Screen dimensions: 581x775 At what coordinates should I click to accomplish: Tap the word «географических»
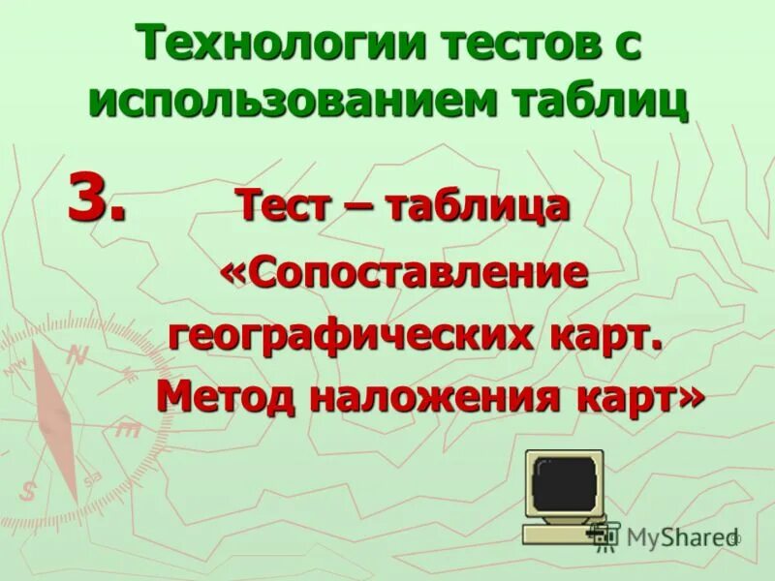coord(348,336)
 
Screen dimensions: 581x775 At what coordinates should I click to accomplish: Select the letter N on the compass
coord(77,354)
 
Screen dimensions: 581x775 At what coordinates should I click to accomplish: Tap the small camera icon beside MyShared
coord(605,534)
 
